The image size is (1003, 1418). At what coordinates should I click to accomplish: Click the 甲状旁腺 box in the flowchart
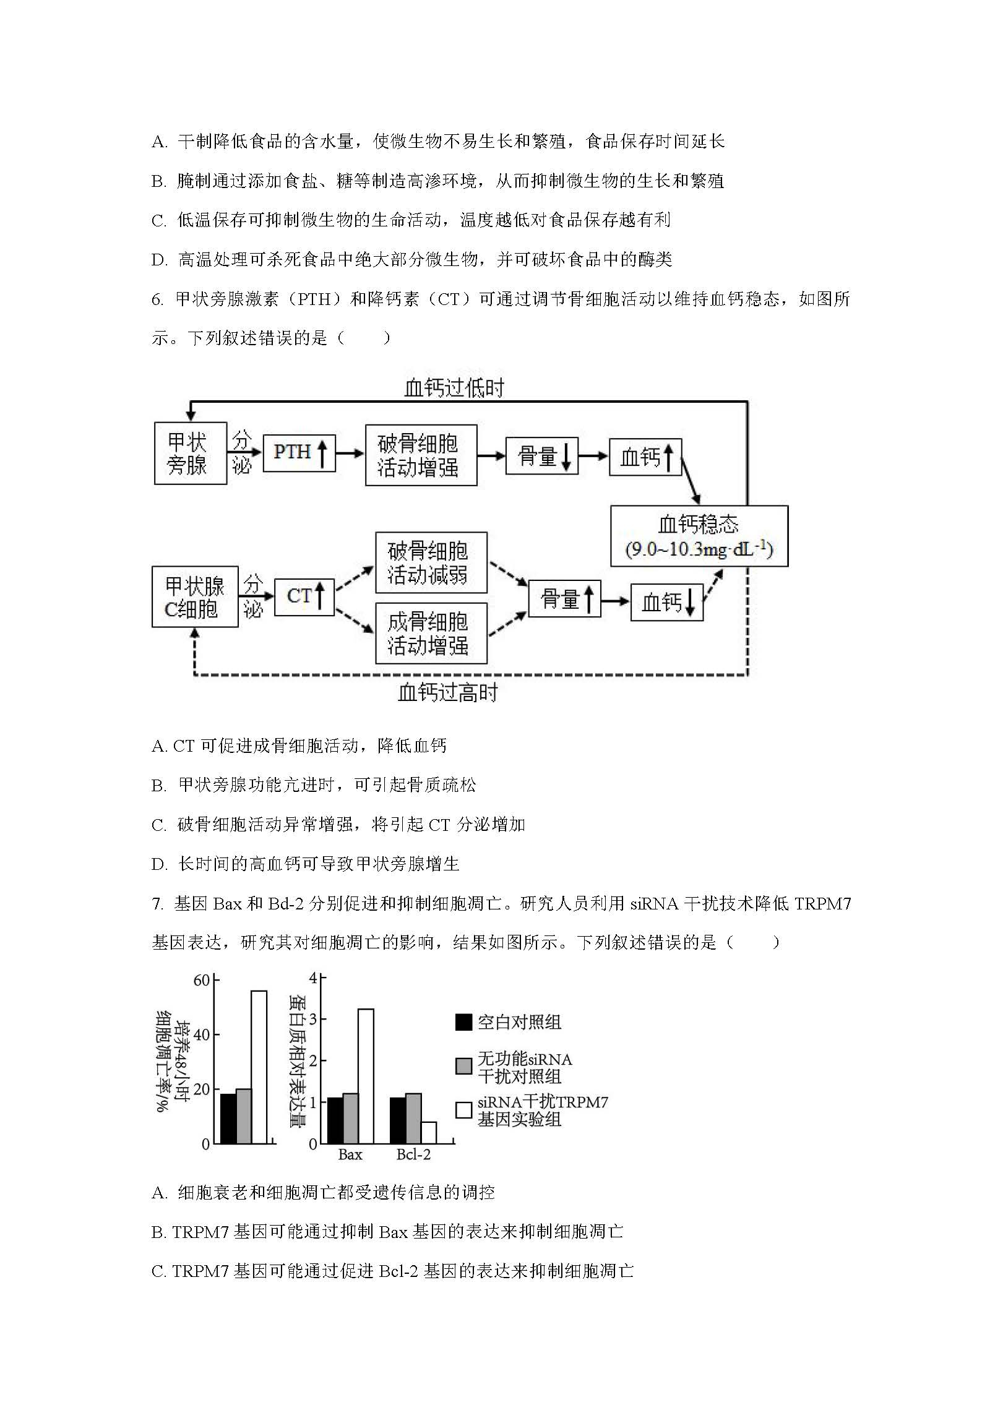(191, 453)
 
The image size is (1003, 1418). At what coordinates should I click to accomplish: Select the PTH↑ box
(299, 453)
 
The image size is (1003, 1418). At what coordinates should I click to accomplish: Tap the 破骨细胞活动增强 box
(421, 455)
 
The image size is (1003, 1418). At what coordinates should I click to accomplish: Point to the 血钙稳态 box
(699, 536)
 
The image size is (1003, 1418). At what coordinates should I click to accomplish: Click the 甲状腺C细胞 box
(195, 596)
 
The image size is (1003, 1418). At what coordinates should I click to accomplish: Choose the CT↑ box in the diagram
(304, 597)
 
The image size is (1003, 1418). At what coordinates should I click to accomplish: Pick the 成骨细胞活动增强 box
(431, 633)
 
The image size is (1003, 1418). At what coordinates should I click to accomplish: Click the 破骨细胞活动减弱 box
(431, 562)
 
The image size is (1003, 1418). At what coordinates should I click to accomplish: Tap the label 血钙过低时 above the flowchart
(454, 388)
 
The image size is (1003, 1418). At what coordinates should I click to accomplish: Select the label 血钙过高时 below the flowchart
(448, 692)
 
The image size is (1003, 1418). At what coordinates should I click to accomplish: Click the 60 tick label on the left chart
(202, 981)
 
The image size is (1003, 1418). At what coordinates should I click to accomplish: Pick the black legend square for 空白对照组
(463, 1021)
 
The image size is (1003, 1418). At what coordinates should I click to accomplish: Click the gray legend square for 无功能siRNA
(463, 1066)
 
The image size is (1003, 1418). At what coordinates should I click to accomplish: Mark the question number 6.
(157, 299)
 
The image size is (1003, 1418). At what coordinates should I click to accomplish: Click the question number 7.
(157, 905)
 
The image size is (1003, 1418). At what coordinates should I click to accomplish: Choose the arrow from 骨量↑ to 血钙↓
(615, 600)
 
